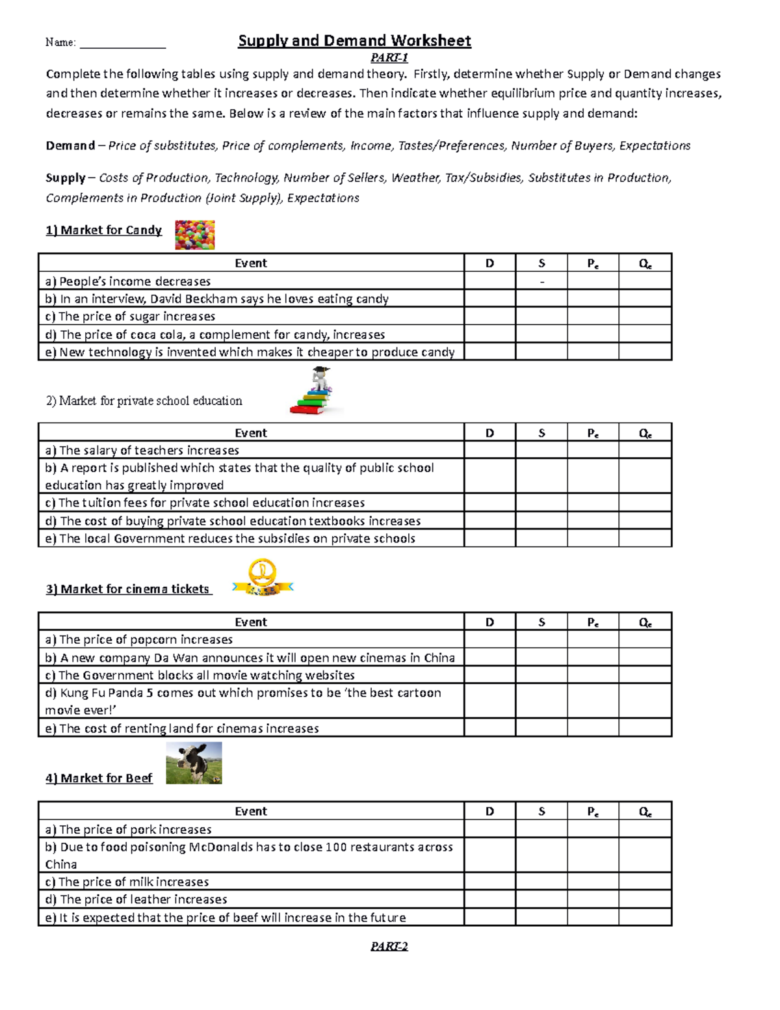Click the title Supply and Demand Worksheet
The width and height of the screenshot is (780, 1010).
[x=354, y=41]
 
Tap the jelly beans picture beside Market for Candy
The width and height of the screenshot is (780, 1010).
[x=194, y=235]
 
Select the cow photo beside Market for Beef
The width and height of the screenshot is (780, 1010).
[x=194, y=763]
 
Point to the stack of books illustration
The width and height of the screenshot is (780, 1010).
[x=314, y=392]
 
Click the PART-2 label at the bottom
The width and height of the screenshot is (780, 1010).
[x=389, y=946]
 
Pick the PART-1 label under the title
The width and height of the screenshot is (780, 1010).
[x=389, y=58]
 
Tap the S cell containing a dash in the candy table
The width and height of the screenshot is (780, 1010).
[x=541, y=282]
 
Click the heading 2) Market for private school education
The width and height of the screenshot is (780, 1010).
[x=144, y=401]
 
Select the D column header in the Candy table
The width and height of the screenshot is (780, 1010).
[x=489, y=263]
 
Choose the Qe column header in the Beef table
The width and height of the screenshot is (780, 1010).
[x=645, y=812]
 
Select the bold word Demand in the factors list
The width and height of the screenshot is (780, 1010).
[x=70, y=146]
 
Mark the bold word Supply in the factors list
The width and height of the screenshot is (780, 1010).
[x=65, y=178]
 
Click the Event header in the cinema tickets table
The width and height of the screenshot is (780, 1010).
[x=251, y=622]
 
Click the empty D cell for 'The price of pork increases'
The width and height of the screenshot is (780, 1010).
[x=489, y=829]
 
